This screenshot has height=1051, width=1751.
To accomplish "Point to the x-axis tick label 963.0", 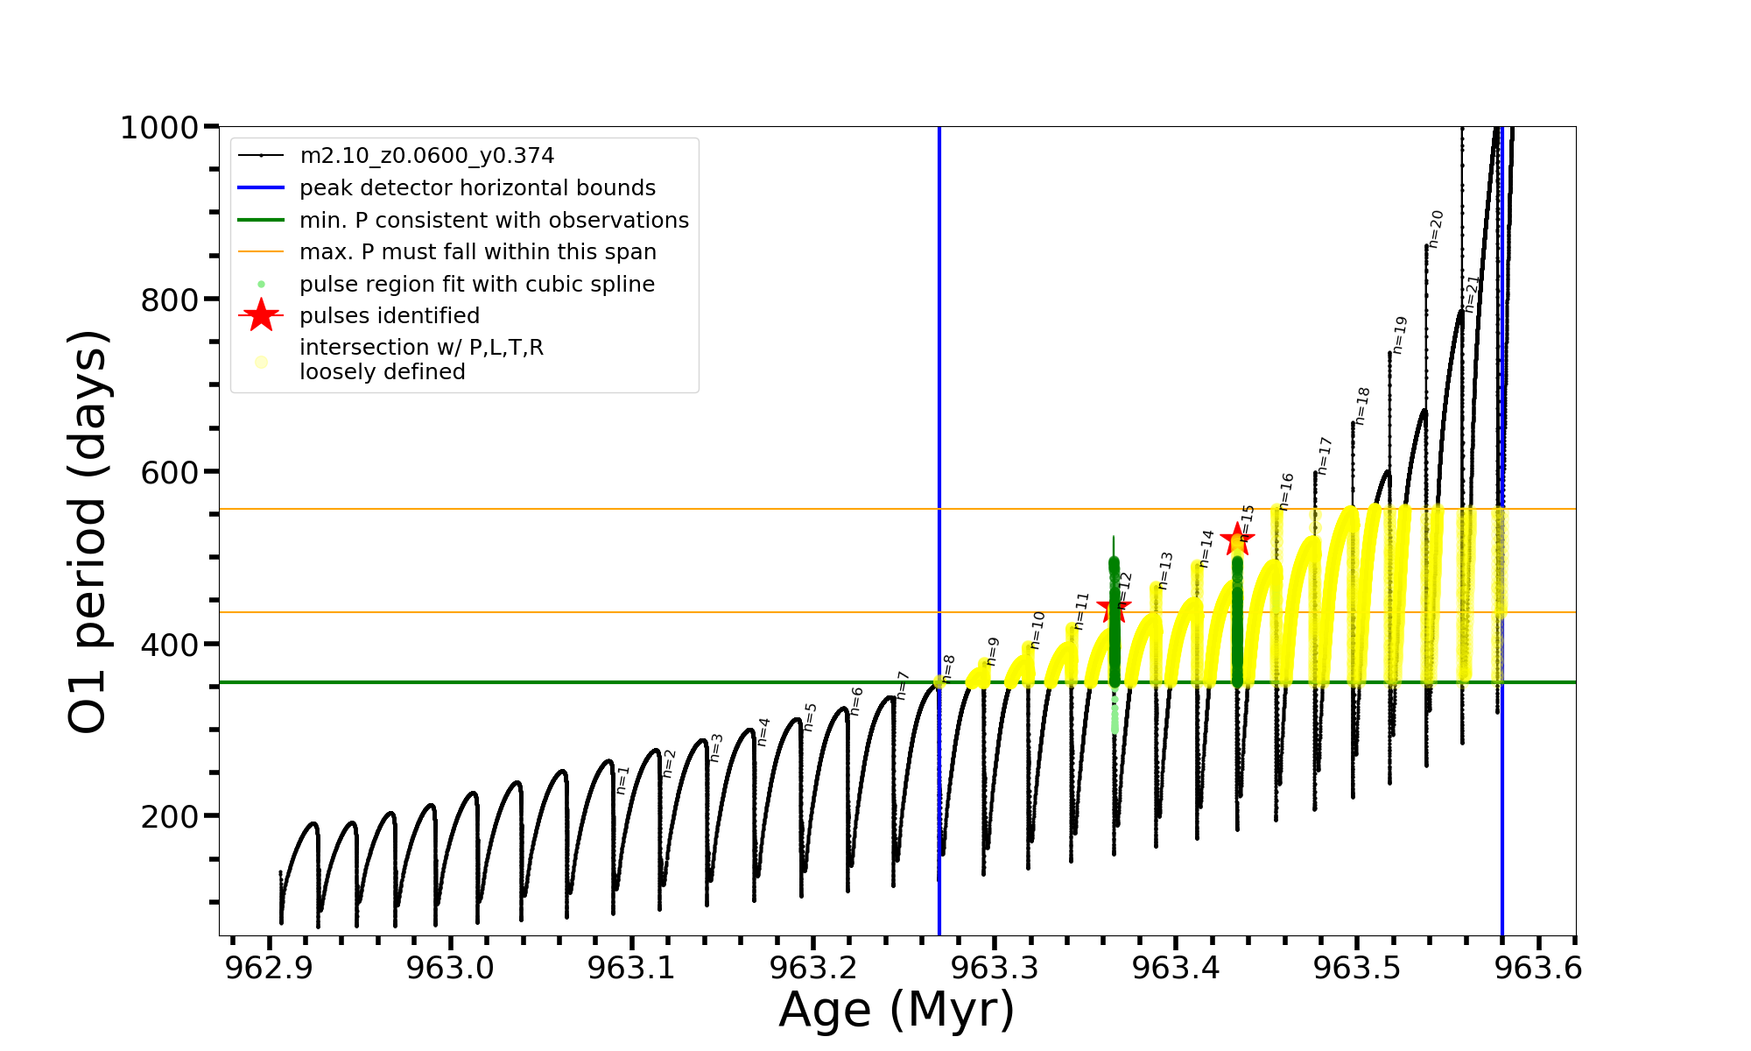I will (450, 968).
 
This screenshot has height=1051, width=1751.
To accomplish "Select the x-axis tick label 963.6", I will (1538, 968).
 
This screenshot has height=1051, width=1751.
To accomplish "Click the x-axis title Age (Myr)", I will (897, 1010).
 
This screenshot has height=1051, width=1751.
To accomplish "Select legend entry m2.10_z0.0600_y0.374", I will (426, 156).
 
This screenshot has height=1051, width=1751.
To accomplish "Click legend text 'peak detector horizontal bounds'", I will (477, 188).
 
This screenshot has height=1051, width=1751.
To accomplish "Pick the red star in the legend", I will (261, 315).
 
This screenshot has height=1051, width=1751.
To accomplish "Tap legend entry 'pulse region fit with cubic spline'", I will (476, 285).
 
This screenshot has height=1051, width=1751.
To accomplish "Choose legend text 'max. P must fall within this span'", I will (477, 252).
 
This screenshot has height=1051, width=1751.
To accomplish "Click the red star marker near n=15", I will (1236, 539).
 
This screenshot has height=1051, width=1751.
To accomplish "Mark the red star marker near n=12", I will (1114, 607).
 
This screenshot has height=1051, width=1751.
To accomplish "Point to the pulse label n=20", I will (1436, 229).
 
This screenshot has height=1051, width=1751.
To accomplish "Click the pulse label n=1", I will (622, 779).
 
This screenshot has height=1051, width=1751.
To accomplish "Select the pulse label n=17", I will (1324, 455).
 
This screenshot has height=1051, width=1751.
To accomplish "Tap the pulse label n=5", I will (810, 716).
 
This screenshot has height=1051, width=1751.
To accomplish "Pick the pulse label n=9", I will (992, 651).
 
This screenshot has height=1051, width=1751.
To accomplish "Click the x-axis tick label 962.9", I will (269, 968).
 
